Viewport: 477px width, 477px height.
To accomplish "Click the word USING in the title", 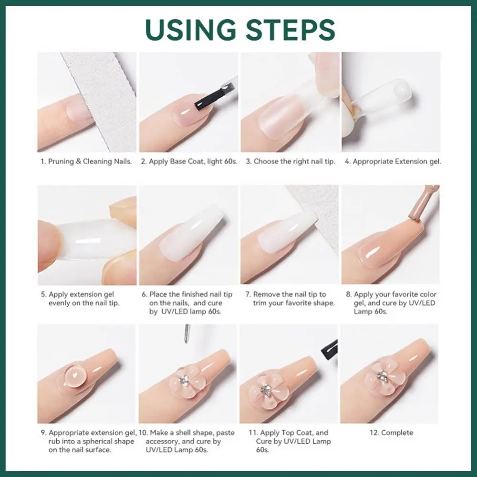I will tap(189, 30).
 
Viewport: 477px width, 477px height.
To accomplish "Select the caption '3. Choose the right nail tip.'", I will tap(290, 162).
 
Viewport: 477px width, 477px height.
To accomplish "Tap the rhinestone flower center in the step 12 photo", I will tap(382, 377).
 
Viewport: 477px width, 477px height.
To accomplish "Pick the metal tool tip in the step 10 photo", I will tap(187, 333).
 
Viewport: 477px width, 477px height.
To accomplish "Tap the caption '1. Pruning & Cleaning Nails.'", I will tap(86, 162).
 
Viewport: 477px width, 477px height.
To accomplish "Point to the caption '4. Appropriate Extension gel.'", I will tap(393, 162).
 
